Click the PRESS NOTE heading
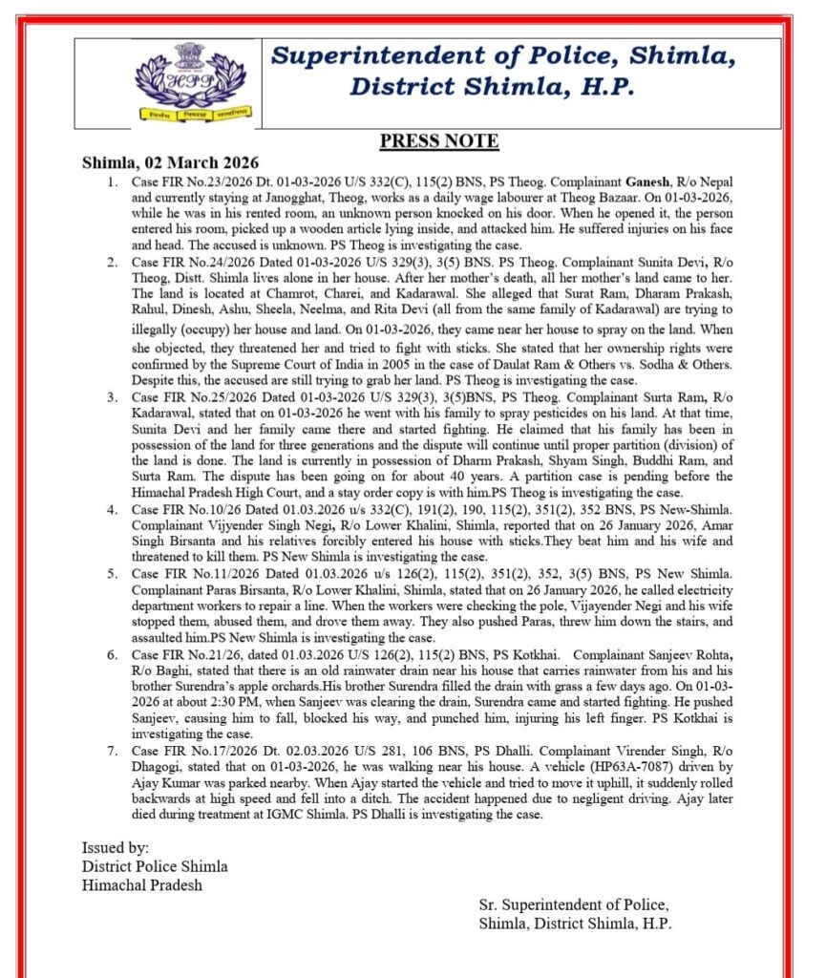(438, 141)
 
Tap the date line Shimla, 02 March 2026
(170, 162)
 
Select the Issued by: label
(116, 847)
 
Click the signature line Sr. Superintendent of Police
(574, 904)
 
